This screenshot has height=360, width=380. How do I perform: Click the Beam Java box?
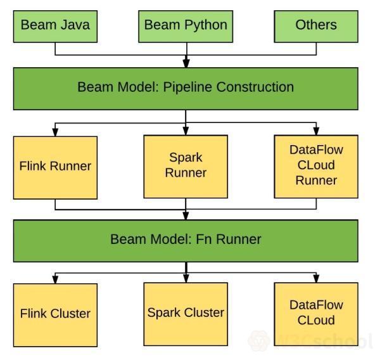pos(56,25)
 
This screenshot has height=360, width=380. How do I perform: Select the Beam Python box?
pos(186,25)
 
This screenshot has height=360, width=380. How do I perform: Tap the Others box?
pos(315,25)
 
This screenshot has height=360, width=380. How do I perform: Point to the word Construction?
pos(255,87)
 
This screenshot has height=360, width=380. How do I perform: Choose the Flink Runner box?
pos(56,167)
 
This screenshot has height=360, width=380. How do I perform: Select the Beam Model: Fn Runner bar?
pos(186,240)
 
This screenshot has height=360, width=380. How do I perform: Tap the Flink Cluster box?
pos(56,313)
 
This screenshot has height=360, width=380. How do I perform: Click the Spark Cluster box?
pos(186,312)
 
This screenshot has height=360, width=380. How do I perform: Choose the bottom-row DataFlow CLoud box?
pos(315,312)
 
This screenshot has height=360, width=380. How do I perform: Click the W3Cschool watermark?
pos(310,342)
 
